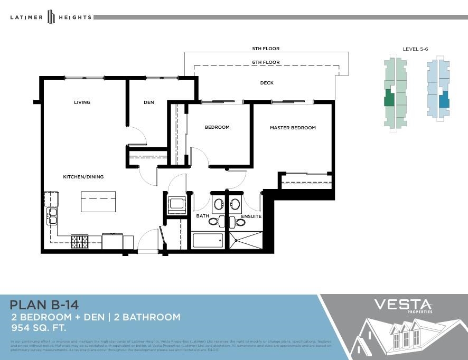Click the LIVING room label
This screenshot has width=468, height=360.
82,102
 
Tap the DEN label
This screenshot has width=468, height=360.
149,102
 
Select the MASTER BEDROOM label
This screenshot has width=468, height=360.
293,128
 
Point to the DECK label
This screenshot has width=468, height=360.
267,83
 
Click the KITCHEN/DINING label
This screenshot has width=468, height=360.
83,177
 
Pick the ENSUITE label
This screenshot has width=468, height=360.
251,216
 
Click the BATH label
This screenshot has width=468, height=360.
202,216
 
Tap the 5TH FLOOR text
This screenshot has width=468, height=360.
266,49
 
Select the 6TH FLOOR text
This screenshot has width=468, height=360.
266,62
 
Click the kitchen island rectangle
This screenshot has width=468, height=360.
98,202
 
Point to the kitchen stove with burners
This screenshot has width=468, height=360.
80,242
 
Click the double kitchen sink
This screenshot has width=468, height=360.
52,216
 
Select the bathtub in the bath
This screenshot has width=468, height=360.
208,241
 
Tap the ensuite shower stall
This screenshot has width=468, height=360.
246,240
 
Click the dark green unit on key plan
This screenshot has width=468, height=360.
389,98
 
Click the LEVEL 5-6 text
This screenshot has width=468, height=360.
415,49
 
